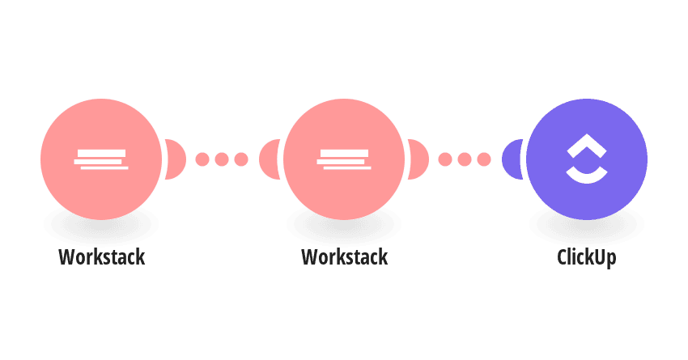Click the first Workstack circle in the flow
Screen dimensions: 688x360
pyautogui.click(x=101, y=159)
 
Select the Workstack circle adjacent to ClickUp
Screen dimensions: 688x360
pyautogui.click(x=344, y=159)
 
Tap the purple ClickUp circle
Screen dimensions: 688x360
pyautogui.click(x=587, y=159)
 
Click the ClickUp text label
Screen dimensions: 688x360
pyautogui.click(x=587, y=257)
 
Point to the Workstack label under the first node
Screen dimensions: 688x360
pyautogui.click(x=101, y=257)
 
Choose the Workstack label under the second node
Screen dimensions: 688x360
pyautogui.click(x=345, y=257)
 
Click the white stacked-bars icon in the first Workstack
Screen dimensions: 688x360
pyautogui.click(x=101, y=159)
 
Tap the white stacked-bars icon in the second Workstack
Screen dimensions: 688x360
pyautogui.click(x=344, y=159)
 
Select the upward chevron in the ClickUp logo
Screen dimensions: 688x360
pyautogui.click(x=587, y=146)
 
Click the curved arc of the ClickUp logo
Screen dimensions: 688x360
pyautogui.click(x=587, y=178)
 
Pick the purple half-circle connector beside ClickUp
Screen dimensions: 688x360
pyautogui.click(x=512, y=159)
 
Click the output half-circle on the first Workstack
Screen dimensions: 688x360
pyautogui.click(x=176, y=159)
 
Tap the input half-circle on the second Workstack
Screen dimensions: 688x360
pyautogui.click(x=270, y=159)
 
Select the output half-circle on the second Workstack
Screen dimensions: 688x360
pyautogui.click(x=418, y=159)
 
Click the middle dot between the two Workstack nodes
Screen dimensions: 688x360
pyautogui.click(x=222, y=159)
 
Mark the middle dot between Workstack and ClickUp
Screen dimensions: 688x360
pyautogui.click(x=465, y=159)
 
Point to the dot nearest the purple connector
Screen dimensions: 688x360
pyautogui.click(x=484, y=159)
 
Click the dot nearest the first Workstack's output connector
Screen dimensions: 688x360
pyautogui.click(x=202, y=159)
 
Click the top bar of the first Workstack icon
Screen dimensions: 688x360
pyautogui.click(x=101, y=153)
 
